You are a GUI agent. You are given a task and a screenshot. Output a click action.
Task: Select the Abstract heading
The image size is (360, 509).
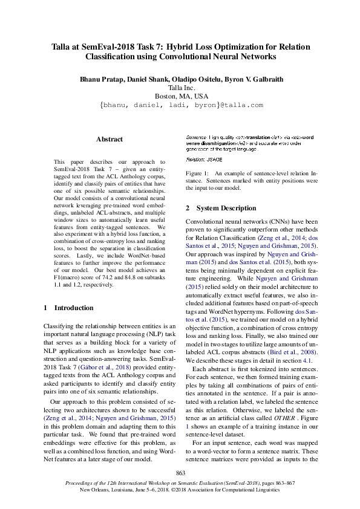[x=109, y=139]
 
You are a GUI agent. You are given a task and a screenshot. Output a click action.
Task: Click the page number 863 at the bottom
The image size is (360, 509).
[x=180, y=473]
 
